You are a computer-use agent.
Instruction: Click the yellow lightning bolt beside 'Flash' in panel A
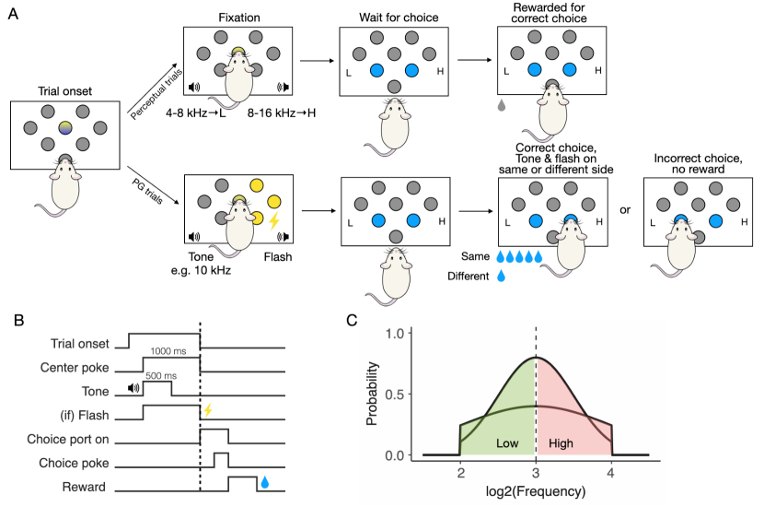(272, 220)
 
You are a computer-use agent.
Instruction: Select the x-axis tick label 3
(535, 471)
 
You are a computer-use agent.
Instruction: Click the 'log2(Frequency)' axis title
(535, 491)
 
